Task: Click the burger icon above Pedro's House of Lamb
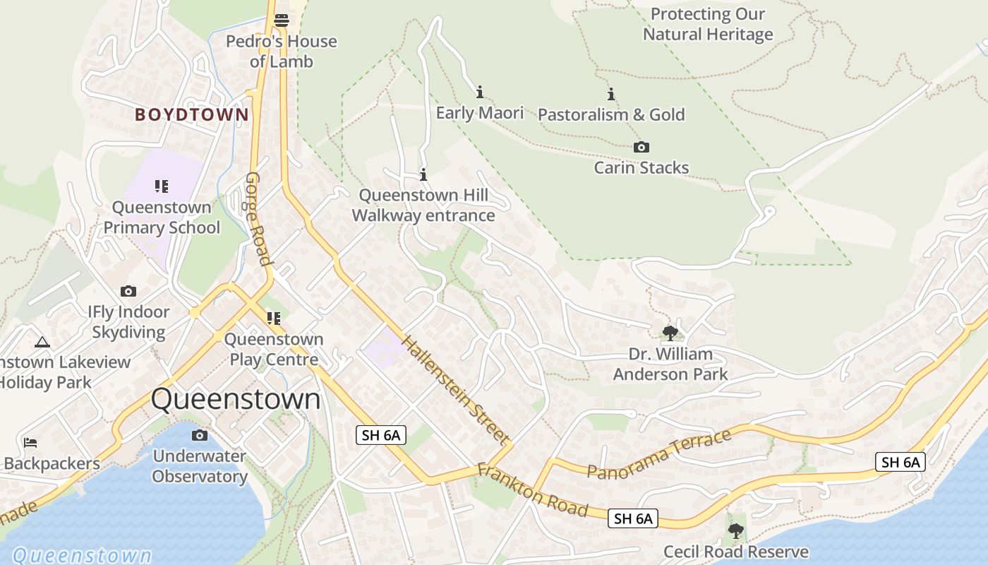[282, 20]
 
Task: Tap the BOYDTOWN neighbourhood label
[192, 114]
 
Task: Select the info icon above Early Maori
[480, 92]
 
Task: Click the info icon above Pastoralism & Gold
[611, 94]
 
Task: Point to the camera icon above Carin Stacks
[641, 147]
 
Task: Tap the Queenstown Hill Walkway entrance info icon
[423, 174]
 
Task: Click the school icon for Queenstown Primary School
[162, 186]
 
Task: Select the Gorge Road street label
[258, 219]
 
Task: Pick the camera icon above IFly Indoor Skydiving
[128, 291]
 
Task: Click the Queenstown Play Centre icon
[273, 319]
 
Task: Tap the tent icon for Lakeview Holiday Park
[42, 343]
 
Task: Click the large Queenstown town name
[236, 399]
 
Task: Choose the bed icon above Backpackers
[30, 443]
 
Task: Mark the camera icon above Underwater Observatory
[200, 435]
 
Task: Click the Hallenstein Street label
[455, 391]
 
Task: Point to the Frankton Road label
[533, 489]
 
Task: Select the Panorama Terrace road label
[659, 454]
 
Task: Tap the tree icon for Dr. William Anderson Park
[670, 333]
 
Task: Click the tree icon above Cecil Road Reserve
[735, 530]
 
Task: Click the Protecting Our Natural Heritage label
[708, 24]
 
